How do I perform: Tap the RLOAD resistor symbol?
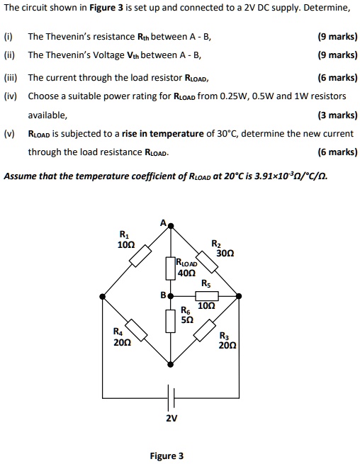click(x=170, y=268)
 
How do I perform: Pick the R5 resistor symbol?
click(x=206, y=295)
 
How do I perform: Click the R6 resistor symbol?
click(x=170, y=320)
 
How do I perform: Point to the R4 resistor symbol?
click(x=137, y=332)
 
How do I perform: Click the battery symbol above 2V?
click(x=170, y=393)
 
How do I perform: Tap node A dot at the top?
click(x=170, y=226)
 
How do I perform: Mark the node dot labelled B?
click(x=170, y=295)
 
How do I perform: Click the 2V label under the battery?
click(x=171, y=418)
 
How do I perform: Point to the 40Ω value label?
click(x=187, y=273)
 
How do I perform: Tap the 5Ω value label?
click(x=187, y=319)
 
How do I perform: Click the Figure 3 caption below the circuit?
click(x=167, y=455)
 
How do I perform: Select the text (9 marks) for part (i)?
click(x=338, y=37)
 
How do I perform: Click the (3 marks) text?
click(x=338, y=115)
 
